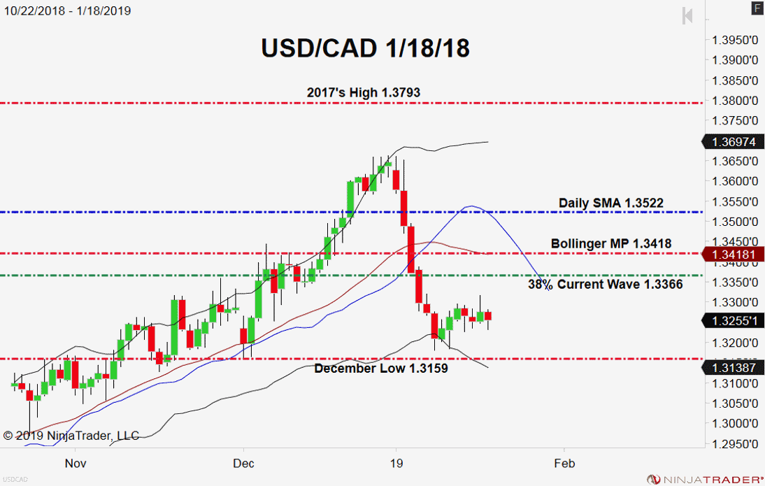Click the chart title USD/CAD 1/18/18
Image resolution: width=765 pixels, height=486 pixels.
pyautogui.click(x=365, y=48)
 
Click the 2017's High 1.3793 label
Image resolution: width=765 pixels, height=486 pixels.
pyautogui.click(x=364, y=92)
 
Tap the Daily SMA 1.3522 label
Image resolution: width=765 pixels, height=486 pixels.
pyautogui.click(x=610, y=203)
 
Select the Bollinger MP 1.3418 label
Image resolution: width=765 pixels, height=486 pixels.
pyautogui.click(x=610, y=243)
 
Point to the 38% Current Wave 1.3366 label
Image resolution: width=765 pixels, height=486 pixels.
pyautogui.click(x=605, y=285)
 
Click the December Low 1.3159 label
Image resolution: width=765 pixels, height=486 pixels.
pyautogui.click(x=380, y=368)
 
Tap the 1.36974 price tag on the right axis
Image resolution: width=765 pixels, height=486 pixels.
pyautogui.click(x=731, y=142)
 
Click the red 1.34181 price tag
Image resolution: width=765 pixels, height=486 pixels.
pyautogui.click(x=731, y=254)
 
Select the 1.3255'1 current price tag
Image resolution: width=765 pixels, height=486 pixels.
pyautogui.click(x=731, y=320)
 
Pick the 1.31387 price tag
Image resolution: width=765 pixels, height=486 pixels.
pyautogui.click(x=731, y=368)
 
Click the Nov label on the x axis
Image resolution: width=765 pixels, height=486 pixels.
pyautogui.click(x=75, y=463)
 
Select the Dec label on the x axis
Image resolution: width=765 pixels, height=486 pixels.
pyautogui.click(x=243, y=463)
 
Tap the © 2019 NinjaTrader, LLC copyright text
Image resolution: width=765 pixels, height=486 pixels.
pyautogui.click(x=71, y=436)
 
